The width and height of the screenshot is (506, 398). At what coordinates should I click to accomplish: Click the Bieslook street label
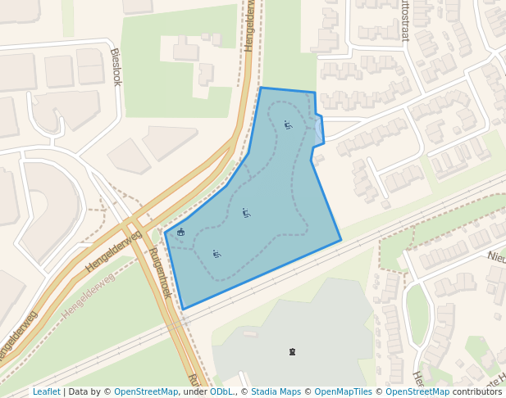click(x=116, y=66)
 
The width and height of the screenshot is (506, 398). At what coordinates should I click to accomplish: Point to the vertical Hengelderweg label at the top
click(x=250, y=26)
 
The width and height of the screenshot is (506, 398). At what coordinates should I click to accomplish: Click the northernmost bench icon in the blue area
click(x=288, y=125)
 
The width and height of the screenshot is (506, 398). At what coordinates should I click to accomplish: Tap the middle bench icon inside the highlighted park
click(x=246, y=213)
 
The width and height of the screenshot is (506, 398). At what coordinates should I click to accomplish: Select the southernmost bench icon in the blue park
click(x=217, y=254)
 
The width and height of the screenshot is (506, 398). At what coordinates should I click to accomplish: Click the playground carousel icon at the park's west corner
click(x=181, y=232)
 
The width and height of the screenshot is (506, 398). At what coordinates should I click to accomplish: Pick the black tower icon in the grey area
click(x=292, y=352)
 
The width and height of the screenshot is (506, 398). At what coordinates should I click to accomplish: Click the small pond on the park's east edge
click(x=319, y=129)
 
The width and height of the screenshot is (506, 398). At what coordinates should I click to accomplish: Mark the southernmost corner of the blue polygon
click(x=183, y=309)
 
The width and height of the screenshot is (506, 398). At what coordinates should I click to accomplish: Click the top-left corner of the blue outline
click(x=261, y=88)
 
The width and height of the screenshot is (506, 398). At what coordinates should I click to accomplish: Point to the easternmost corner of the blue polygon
click(x=340, y=240)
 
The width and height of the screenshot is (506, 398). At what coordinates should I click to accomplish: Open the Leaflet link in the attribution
click(x=46, y=392)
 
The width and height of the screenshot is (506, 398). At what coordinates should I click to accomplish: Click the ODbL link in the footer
click(x=221, y=392)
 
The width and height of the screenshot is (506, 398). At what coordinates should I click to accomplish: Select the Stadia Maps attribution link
click(x=276, y=392)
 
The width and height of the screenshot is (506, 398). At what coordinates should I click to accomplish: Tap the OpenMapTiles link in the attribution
click(x=344, y=392)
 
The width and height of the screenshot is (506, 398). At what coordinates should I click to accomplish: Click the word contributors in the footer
click(x=477, y=392)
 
